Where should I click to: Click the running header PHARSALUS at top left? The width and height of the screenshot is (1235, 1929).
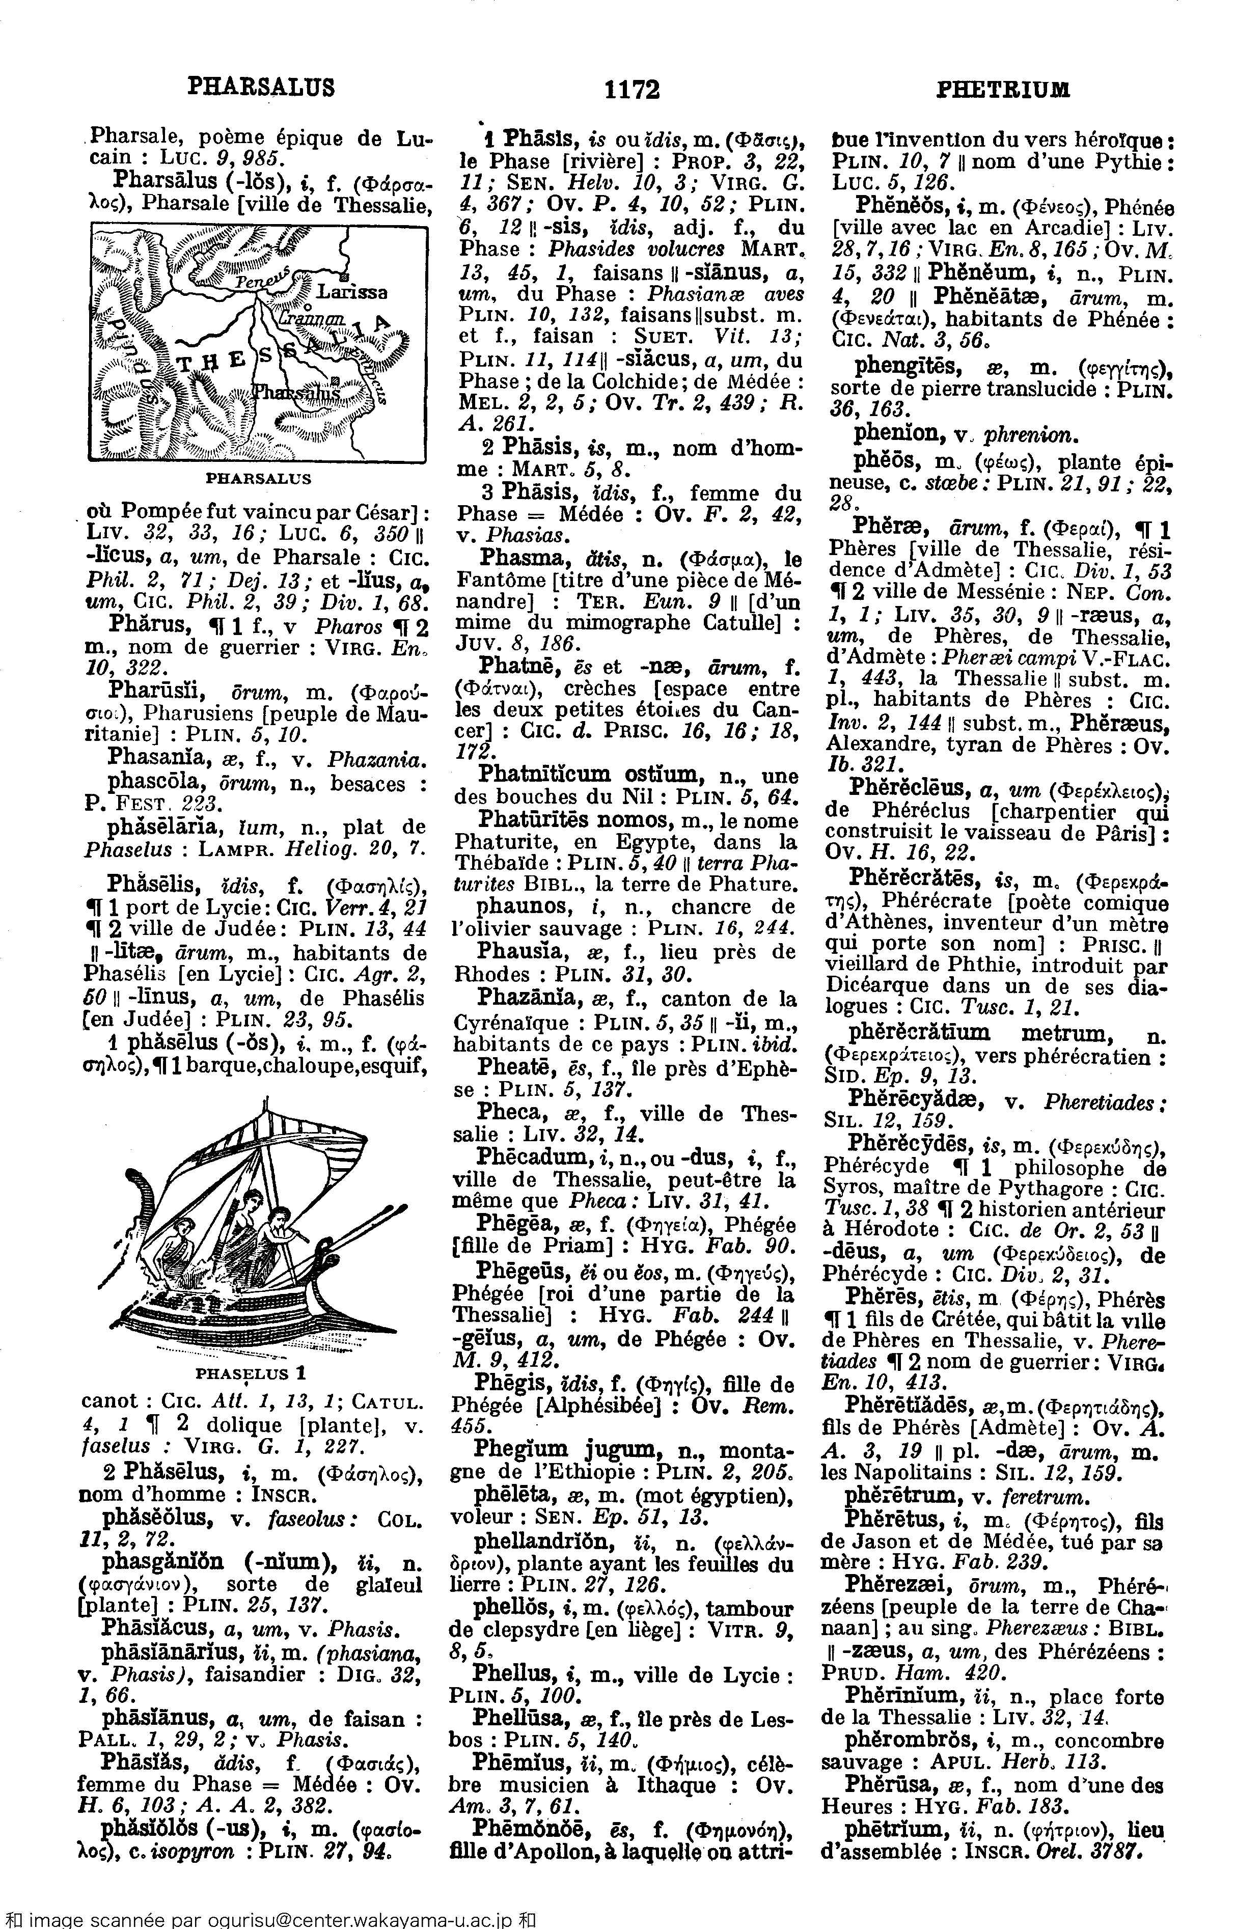[x=261, y=86]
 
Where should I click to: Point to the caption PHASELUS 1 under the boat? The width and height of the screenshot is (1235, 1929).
[x=251, y=1372]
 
